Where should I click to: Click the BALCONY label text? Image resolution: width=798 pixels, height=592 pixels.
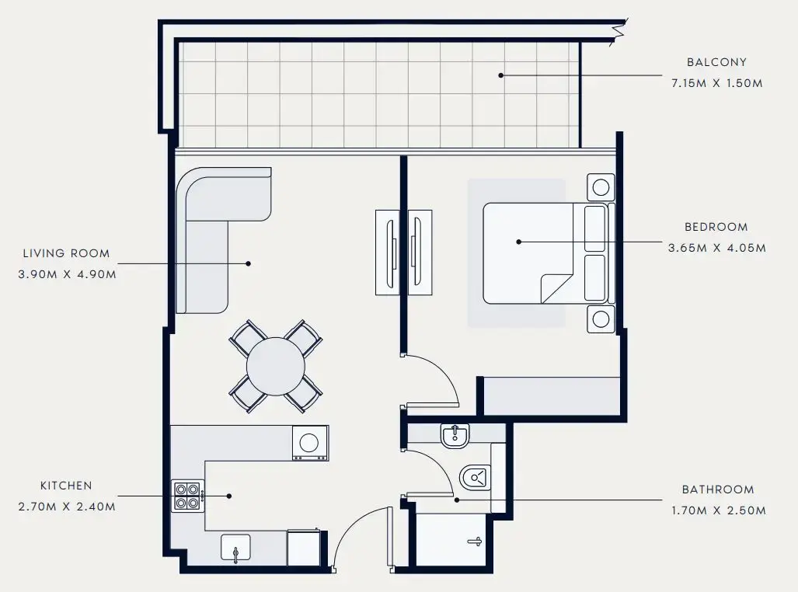[716, 62]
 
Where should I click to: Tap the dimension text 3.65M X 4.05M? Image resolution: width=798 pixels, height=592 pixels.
[716, 249]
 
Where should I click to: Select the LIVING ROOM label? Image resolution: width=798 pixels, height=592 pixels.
[66, 253]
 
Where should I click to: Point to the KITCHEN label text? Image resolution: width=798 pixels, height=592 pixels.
[66, 486]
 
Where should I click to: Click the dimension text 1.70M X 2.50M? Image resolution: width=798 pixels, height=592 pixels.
[718, 511]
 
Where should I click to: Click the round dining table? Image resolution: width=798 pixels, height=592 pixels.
[276, 365]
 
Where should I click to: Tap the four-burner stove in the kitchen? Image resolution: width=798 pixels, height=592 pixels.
[187, 496]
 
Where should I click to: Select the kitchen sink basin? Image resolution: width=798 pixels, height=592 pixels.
[235, 548]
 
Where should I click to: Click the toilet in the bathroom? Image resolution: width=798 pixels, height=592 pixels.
[474, 475]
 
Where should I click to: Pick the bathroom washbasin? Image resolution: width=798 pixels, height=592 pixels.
[453, 437]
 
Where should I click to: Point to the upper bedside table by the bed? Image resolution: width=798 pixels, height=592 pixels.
[601, 187]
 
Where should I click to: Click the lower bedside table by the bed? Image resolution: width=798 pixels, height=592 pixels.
[601, 319]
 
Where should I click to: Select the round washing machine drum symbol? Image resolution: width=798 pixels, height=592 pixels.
[309, 443]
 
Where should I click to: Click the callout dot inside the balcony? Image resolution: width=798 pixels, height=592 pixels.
[501, 75]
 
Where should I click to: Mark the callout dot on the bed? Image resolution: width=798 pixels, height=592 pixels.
[518, 242]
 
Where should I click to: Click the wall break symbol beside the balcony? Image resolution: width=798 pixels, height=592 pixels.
[619, 32]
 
